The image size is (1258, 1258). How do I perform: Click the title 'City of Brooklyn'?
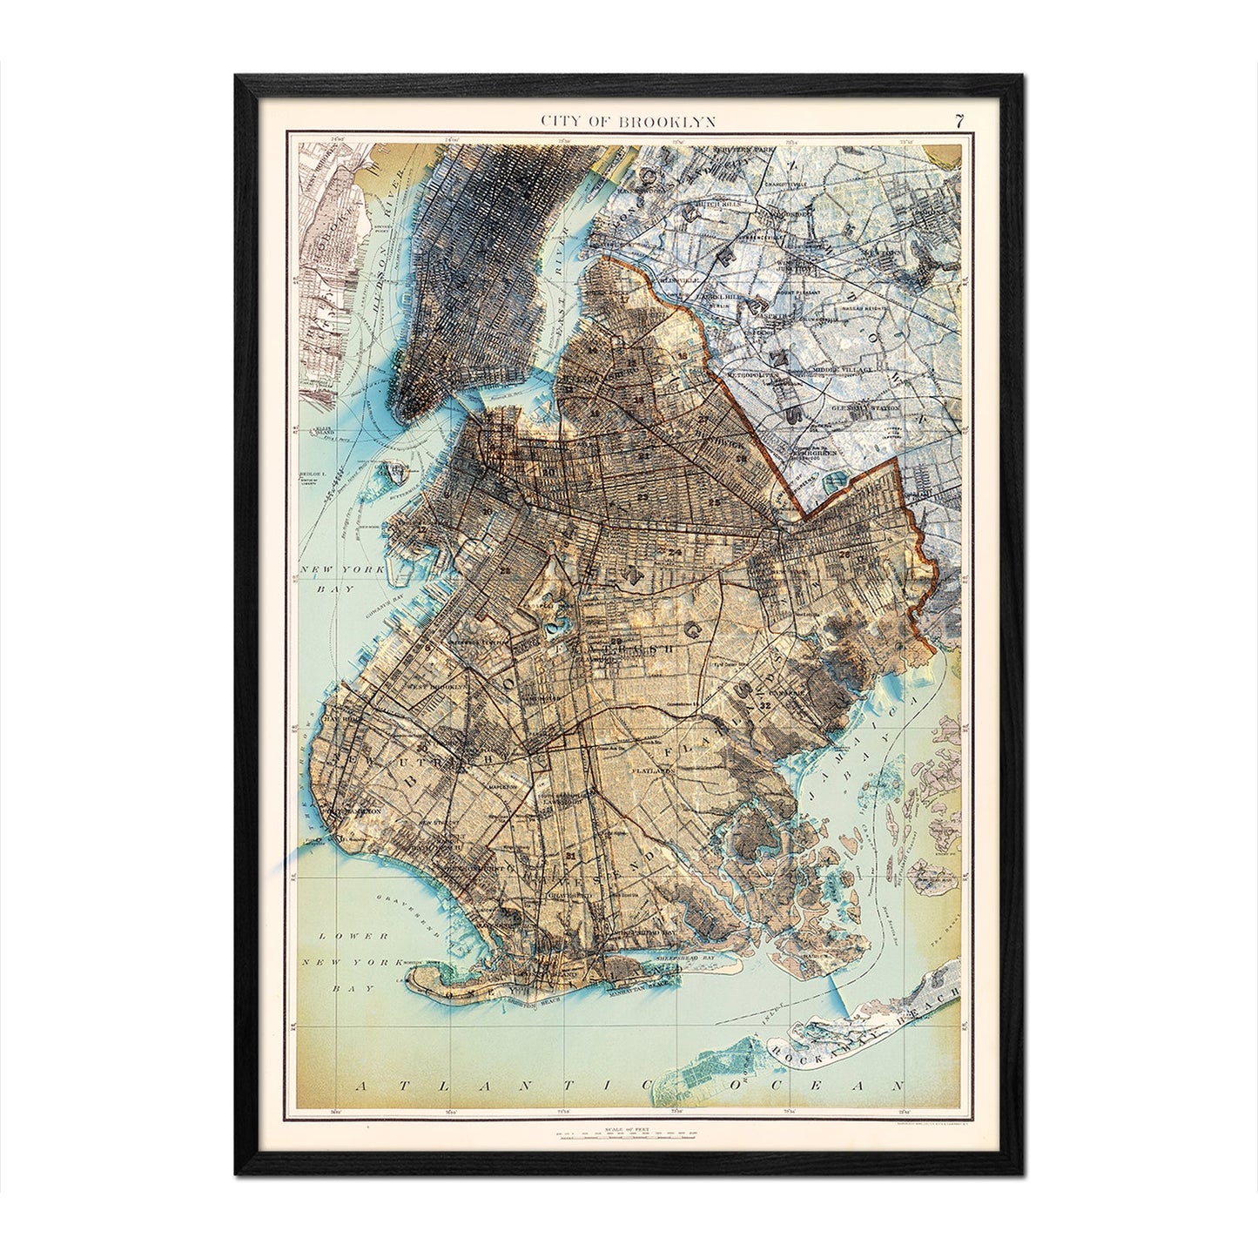pyautogui.click(x=629, y=121)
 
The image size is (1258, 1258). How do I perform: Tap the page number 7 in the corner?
pyautogui.click(x=958, y=121)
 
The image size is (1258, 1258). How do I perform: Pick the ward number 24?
pyautogui.click(x=675, y=551)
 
